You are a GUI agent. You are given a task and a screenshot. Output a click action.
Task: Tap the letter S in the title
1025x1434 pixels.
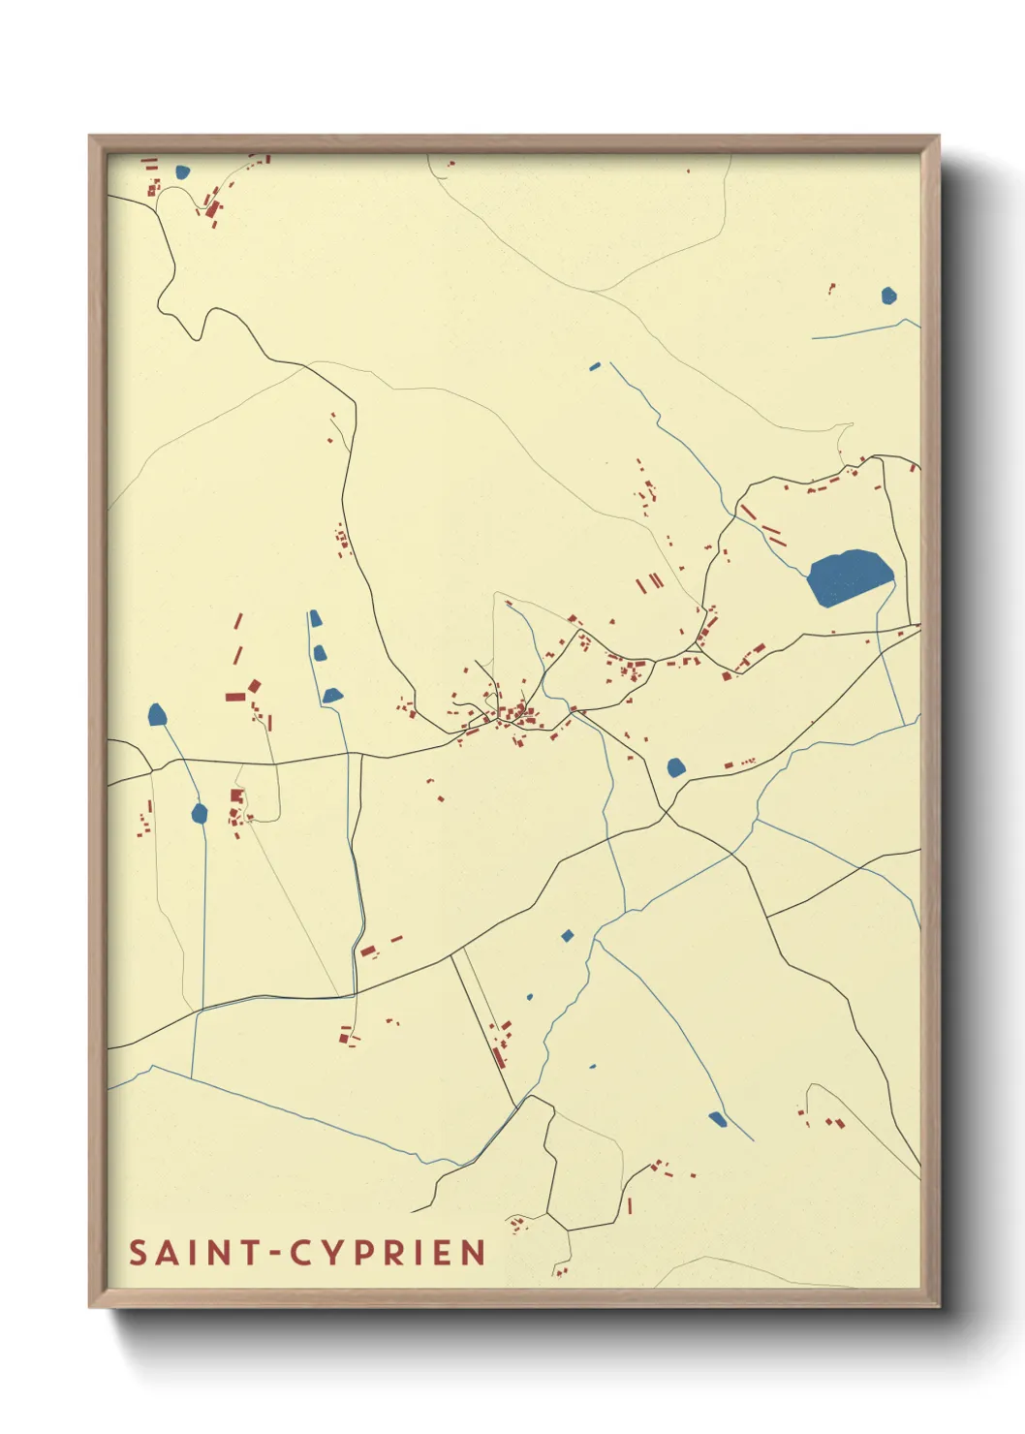click(139, 1253)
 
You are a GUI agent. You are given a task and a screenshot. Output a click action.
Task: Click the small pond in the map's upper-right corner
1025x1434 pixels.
click(889, 296)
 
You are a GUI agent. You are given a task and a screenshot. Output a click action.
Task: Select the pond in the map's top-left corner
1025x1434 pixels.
click(182, 172)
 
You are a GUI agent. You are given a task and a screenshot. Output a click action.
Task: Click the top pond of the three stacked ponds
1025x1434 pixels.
click(314, 618)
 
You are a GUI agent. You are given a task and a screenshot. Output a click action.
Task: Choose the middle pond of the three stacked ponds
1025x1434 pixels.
click(320, 653)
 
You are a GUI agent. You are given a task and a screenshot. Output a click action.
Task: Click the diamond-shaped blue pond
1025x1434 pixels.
click(568, 935)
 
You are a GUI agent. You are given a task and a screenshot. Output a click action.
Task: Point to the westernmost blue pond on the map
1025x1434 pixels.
click(157, 715)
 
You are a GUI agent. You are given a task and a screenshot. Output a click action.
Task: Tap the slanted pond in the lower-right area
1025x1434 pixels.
click(717, 1119)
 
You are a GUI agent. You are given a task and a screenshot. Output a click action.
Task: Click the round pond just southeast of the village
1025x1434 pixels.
click(676, 767)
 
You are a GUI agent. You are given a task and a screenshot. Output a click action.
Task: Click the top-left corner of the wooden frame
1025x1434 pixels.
click(91, 138)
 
